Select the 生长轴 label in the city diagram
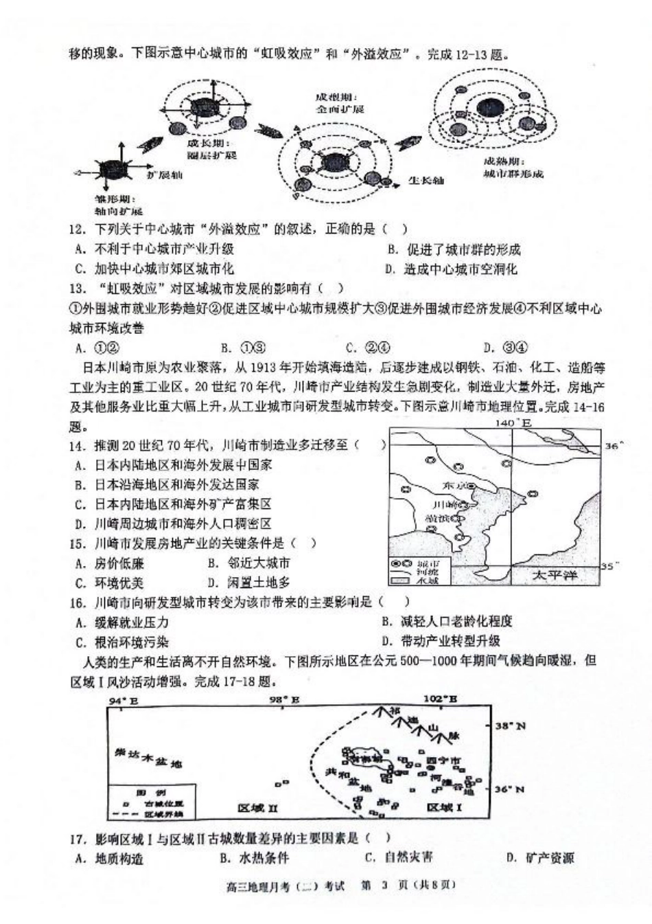point(426,181)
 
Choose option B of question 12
point(453,249)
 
